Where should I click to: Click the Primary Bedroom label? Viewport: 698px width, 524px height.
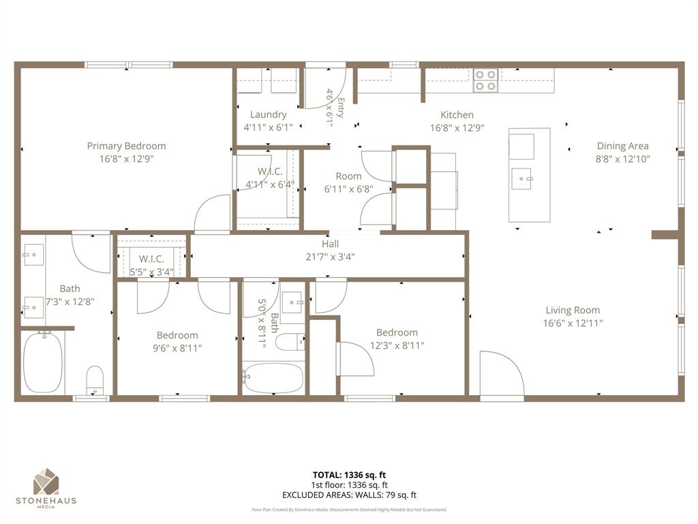point(126,146)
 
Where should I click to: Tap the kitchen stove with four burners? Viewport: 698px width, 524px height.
point(485,81)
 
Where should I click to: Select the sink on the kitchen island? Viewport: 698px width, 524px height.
point(524,179)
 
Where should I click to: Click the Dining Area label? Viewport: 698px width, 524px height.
point(622,146)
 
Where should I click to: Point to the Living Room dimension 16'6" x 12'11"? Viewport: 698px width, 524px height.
point(573,323)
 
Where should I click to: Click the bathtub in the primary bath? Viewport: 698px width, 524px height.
point(43,362)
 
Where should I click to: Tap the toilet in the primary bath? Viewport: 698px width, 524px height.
point(95,379)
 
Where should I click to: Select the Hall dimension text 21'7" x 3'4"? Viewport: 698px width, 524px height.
point(330,257)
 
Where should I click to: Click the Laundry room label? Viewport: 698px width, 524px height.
point(268,115)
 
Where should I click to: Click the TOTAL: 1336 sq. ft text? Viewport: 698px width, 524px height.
point(349,475)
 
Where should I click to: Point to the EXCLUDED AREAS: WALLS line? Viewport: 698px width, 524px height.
point(349,495)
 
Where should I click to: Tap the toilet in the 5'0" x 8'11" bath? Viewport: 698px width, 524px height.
point(290,340)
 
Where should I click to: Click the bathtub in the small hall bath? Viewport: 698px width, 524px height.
point(267,377)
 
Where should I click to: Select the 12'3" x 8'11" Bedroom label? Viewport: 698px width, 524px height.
point(397,333)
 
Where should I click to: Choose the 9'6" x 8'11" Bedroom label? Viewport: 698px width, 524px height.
point(177,335)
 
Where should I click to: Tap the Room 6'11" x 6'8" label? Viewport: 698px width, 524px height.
point(348,177)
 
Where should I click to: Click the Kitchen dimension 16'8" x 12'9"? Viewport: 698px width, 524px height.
point(457,128)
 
